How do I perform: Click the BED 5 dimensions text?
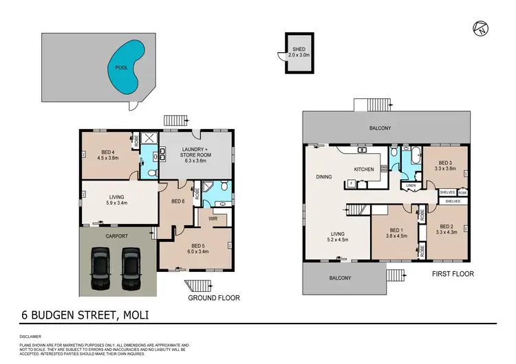[x=197, y=251]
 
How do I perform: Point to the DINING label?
[x=324, y=177]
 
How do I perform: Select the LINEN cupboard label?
[x=411, y=185]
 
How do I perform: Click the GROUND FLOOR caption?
[x=213, y=298]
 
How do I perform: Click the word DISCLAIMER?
[x=32, y=337]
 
